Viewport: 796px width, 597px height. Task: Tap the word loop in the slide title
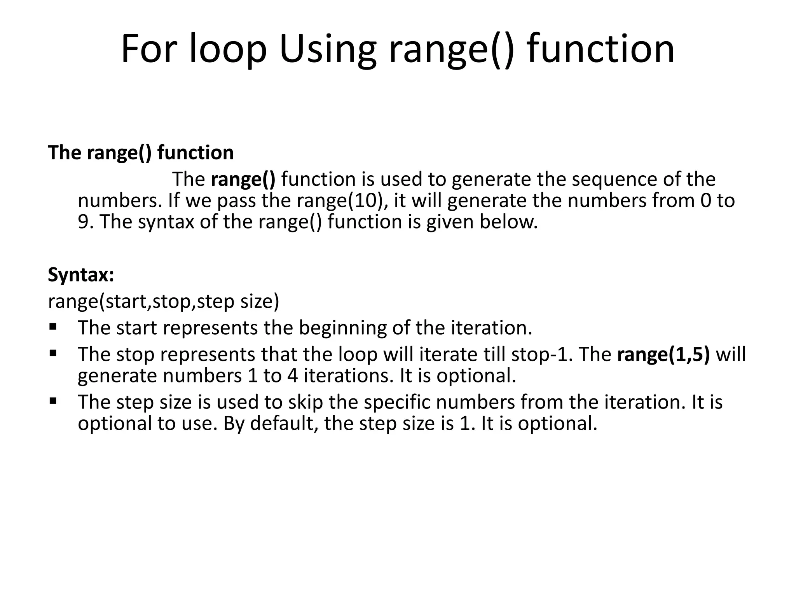click(x=228, y=49)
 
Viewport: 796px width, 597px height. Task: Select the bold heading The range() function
click(x=141, y=152)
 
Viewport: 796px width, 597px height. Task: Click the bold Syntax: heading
click(x=81, y=275)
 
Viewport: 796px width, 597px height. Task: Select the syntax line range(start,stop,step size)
click(x=164, y=301)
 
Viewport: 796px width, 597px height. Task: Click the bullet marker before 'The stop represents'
click(x=53, y=353)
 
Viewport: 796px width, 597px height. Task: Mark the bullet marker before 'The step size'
click(x=53, y=400)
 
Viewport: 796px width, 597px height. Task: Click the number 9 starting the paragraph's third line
click(x=83, y=222)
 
